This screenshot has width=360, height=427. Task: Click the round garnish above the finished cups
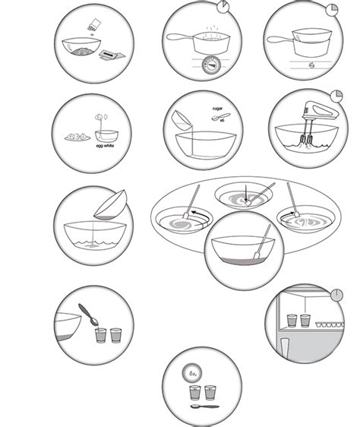coord(194,373)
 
